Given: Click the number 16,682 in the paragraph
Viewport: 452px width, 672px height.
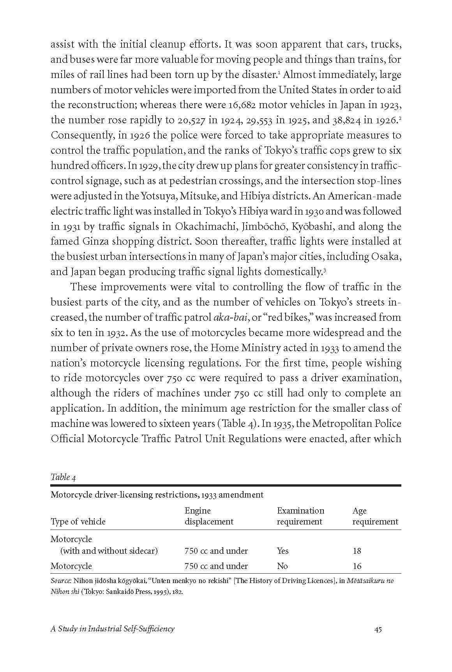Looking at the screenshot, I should (x=245, y=105).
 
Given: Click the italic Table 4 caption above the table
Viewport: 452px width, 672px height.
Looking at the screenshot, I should (x=60, y=477).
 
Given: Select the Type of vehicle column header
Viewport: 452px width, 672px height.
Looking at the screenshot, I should (x=78, y=522).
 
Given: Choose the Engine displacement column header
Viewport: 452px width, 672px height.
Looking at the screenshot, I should (x=209, y=516).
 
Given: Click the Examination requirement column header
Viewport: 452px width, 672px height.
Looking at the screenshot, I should (x=300, y=516).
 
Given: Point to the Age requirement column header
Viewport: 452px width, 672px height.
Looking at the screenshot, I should (x=375, y=516).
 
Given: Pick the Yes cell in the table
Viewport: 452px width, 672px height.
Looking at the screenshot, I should (x=282, y=551).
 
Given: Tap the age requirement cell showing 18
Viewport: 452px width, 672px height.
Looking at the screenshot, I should (x=357, y=551).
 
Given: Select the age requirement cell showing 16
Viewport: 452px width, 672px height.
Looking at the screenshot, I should (x=357, y=566).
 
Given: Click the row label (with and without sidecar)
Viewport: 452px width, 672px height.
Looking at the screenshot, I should (x=109, y=551).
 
